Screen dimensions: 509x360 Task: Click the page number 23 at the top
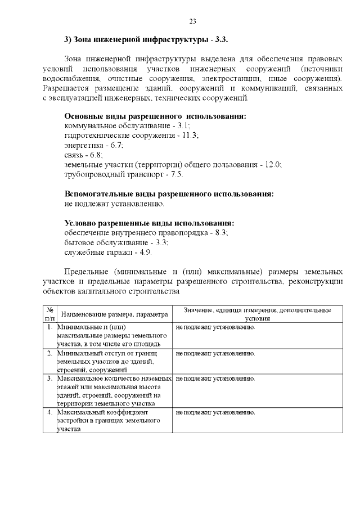tap(192, 21)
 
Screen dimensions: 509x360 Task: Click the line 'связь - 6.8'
tap(83, 155)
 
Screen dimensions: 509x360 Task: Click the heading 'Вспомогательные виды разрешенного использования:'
tap(169, 193)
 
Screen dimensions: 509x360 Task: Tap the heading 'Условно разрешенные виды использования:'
tap(149, 223)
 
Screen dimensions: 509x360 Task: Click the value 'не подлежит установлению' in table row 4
tap(215, 412)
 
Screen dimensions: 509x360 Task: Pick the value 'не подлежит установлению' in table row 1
tap(215, 327)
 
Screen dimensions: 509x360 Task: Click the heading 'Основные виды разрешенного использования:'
tap(155, 116)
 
